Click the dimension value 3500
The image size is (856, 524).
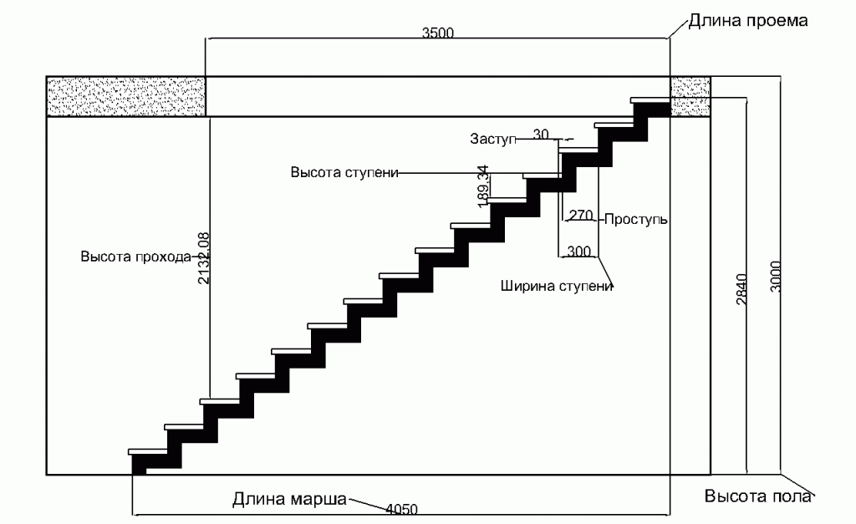(x=438, y=33)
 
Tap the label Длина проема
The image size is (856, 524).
(x=748, y=21)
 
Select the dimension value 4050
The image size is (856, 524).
(x=402, y=509)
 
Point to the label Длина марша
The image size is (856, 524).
(x=289, y=500)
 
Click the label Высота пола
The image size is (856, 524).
(x=757, y=496)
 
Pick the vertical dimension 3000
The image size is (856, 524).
(x=776, y=276)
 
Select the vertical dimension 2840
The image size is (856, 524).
(x=742, y=289)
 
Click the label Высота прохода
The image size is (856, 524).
(x=136, y=257)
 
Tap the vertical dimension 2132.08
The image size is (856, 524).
(x=204, y=258)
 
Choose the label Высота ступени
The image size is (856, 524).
(x=344, y=172)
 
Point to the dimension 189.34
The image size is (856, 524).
(x=482, y=186)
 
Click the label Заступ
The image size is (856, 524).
(x=493, y=139)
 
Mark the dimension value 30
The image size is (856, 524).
(x=541, y=134)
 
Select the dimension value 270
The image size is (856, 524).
(x=581, y=215)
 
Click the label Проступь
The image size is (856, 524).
(x=636, y=220)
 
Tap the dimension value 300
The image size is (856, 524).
(x=578, y=251)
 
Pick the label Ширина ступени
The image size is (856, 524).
(x=557, y=286)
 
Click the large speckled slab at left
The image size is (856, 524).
(x=126, y=97)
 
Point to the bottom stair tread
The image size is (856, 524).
(x=148, y=452)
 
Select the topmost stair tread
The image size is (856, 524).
(x=650, y=100)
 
